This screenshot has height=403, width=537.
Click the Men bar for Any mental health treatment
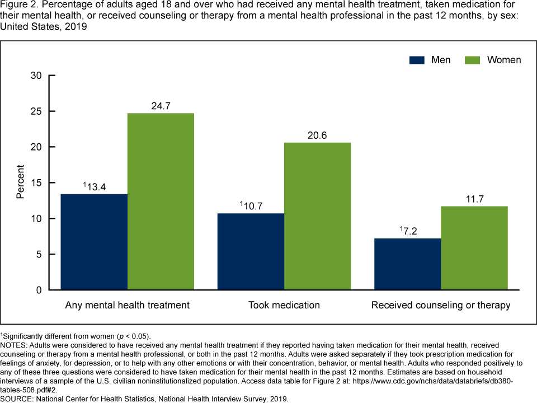94,242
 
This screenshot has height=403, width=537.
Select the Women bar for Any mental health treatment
161,201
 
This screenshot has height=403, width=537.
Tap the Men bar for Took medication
251,251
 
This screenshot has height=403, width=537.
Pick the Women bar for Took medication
317,216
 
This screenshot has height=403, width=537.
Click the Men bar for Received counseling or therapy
407,264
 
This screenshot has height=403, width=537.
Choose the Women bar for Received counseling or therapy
474,248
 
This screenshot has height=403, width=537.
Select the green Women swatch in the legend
473,60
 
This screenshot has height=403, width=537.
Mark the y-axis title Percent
20,182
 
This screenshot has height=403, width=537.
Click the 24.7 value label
161,105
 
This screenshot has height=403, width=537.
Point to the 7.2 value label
409,230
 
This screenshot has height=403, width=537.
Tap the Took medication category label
284,305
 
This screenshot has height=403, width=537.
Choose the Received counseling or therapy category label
441,305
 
